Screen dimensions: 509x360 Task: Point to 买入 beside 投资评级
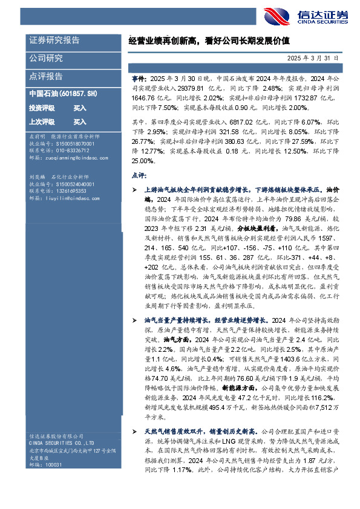coord(80,108)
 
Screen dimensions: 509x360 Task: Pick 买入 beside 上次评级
coord(80,122)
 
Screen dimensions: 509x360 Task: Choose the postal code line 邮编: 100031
coord(45,465)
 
